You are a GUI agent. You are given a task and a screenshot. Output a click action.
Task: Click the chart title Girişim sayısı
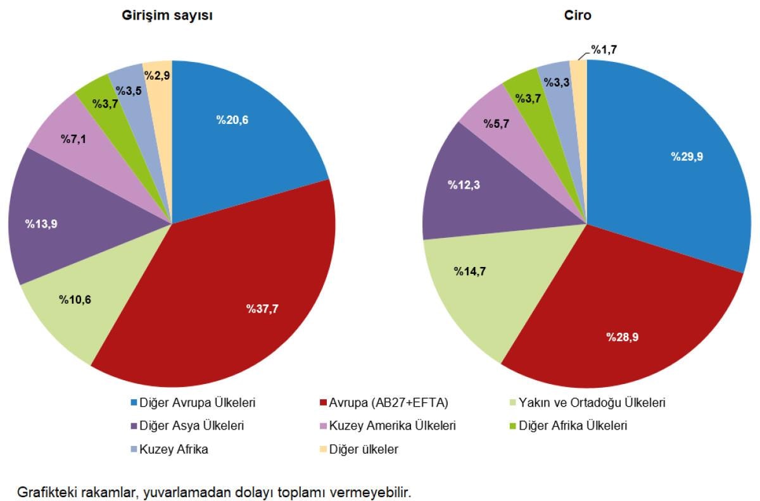(167, 16)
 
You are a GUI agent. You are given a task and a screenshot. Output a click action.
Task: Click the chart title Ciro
(578, 16)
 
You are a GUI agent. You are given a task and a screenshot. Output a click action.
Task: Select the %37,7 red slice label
(262, 309)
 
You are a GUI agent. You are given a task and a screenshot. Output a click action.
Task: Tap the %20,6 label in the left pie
(232, 121)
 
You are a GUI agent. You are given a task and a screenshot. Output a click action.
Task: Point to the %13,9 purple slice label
(42, 223)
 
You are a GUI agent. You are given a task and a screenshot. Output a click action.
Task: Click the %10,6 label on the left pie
(75, 299)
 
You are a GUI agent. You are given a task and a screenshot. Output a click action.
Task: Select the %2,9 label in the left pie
(157, 75)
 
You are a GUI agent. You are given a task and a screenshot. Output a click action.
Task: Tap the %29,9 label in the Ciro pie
(687, 157)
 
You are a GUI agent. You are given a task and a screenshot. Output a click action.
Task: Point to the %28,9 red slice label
(622, 337)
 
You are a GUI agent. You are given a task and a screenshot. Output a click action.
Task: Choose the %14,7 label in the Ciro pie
(470, 271)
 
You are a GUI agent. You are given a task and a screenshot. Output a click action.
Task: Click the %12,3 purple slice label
(464, 185)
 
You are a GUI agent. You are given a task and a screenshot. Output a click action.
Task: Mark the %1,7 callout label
(604, 49)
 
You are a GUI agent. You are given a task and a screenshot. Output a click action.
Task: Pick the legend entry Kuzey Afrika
(174, 449)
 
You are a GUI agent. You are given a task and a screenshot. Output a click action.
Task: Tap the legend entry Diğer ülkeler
(364, 449)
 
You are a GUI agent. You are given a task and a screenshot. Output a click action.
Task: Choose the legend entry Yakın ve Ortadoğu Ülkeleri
(592, 402)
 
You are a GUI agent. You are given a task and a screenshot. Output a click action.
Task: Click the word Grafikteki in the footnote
(46, 492)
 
